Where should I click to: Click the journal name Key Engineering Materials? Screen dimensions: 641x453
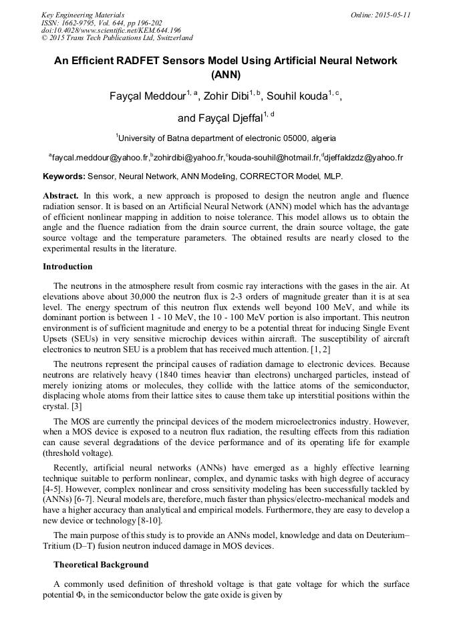point(83,15)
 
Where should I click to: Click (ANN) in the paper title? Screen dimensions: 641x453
point(226,74)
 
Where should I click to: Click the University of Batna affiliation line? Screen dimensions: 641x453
point(226,138)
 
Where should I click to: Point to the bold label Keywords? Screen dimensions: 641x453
point(64,176)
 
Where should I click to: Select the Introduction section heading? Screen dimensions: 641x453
point(67,267)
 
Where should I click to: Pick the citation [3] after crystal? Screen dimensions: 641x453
point(78,406)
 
